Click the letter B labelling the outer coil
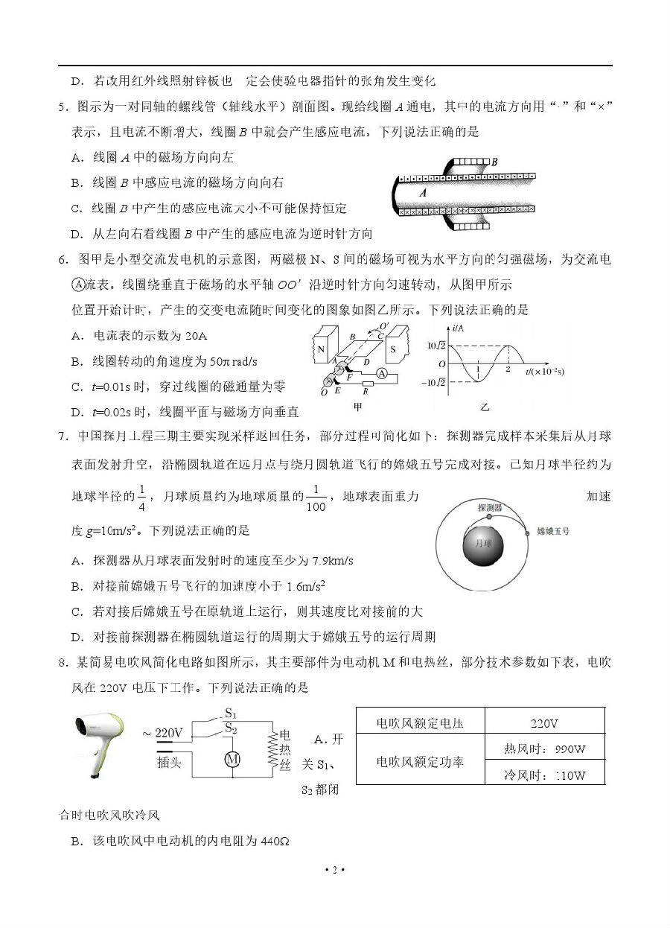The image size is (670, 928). (494, 161)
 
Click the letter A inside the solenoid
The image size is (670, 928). (422, 192)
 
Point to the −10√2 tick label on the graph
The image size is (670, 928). (434, 383)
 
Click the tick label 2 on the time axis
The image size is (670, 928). (508, 369)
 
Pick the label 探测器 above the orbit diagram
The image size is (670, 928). (490, 507)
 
